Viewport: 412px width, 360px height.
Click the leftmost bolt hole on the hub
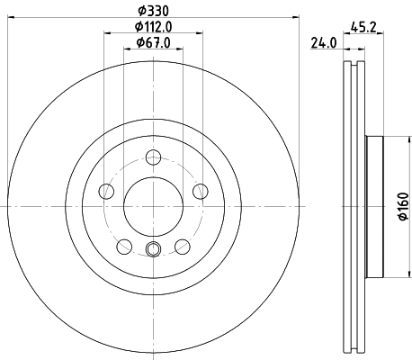point(107,191)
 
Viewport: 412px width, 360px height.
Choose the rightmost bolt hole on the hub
point(197,191)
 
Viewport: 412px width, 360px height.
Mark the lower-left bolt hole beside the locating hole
point(124,244)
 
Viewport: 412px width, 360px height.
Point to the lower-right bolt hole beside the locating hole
point(180,244)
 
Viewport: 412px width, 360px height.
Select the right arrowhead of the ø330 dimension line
point(295,18)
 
